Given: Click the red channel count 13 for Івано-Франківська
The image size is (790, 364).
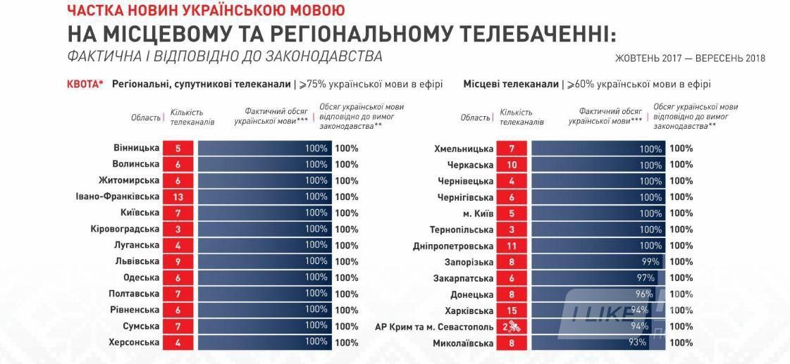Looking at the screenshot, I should (x=178, y=197).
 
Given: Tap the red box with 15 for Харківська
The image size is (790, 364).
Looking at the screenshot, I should (x=511, y=310).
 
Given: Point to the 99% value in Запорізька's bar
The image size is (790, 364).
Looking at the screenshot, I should (x=650, y=262).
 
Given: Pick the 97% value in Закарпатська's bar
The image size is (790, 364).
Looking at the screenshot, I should (x=646, y=278).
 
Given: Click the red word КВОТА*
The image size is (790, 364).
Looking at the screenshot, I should (x=85, y=84).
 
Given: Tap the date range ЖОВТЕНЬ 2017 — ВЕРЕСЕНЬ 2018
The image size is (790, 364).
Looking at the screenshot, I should (x=690, y=58).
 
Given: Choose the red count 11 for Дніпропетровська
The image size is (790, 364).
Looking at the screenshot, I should (x=511, y=246).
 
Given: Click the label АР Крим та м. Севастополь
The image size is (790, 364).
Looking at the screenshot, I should (x=435, y=327).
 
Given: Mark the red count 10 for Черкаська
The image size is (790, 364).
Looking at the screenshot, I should (x=511, y=165).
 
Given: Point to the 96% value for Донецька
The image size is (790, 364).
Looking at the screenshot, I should (x=644, y=294).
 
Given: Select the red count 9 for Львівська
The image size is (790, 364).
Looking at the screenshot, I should (x=178, y=262).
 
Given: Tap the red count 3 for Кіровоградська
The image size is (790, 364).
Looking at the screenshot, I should (x=178, y=230).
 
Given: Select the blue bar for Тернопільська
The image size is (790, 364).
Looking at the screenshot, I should (x=598, y=230).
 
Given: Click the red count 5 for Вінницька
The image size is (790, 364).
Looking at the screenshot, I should (x=178, y=149).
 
